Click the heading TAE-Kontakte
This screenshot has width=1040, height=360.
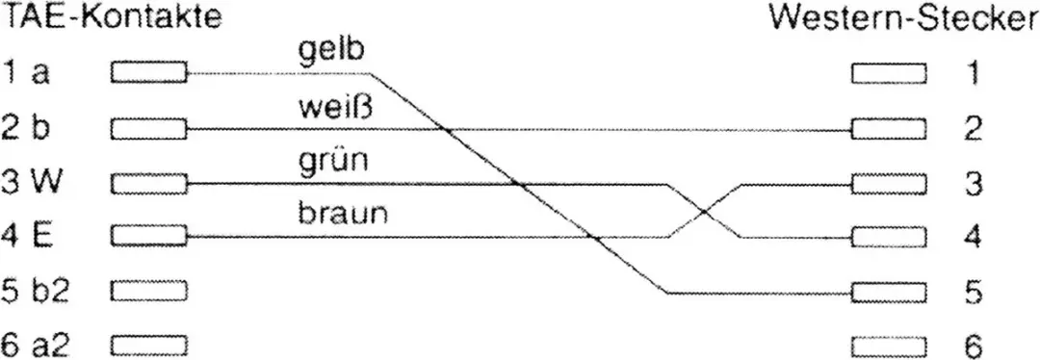click(x=111, y=18)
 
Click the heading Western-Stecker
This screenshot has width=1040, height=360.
click(x=904, y=20)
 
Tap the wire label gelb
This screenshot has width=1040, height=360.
click(x=331, y=52)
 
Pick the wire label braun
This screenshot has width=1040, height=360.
click(x=342, y=215)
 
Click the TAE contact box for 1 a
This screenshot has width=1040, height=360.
click(x=149, y=71)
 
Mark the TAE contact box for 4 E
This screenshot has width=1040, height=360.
click(x=149, y=236)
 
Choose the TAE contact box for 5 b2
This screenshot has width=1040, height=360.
click(x=149, y=291)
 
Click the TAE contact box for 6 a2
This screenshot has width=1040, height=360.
click(x=149, y=346)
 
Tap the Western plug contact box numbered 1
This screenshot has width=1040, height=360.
click(x=889, y=73)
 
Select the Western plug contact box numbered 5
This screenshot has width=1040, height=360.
click(x=889, y=292)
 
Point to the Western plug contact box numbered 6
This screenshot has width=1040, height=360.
click(x=889, y=347)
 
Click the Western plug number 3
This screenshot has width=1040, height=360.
click(x=973, y=184)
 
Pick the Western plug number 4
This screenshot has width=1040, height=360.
click(x=973, y=238)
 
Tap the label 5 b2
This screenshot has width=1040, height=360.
click(x=35, y=291)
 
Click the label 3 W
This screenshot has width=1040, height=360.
click(x=32, y=182)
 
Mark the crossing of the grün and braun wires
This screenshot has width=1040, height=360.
click(x=704, y=212)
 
